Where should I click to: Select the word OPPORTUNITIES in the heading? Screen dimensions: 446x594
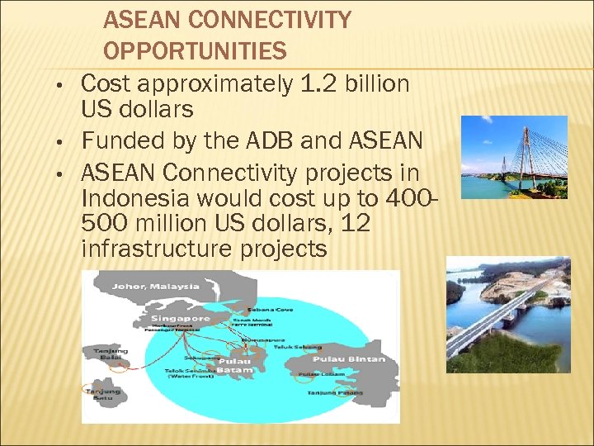(x=195, y=52)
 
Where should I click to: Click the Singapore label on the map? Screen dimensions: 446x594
(x=180, y=318)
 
